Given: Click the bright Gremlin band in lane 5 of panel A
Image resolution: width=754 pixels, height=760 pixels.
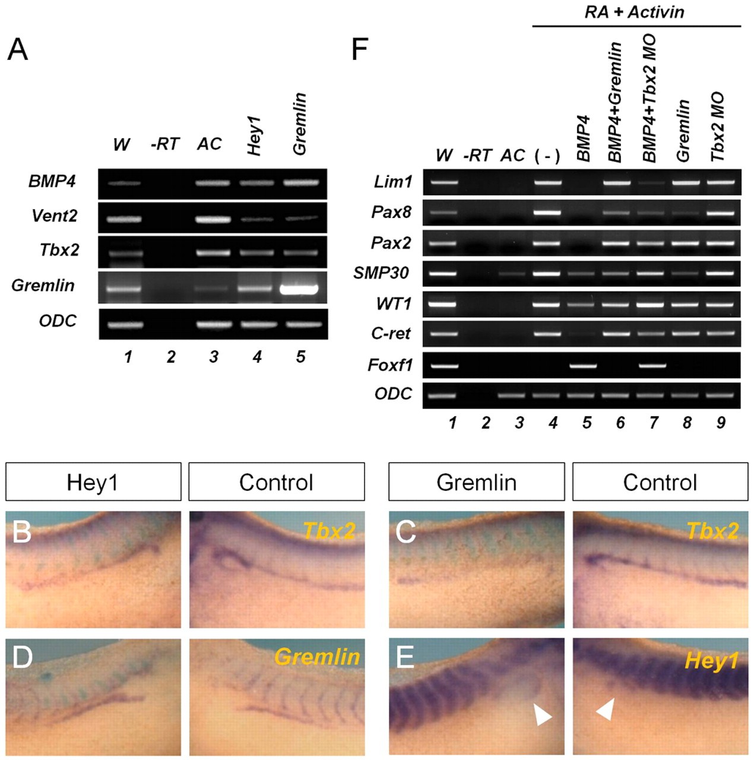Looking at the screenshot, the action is (299, 290).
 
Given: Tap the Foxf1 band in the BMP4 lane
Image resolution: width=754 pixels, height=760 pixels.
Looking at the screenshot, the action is (583, 366).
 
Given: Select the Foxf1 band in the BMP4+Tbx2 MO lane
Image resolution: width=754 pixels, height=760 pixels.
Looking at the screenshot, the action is (652, 366).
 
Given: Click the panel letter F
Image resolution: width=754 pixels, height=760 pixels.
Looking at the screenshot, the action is (359, 50).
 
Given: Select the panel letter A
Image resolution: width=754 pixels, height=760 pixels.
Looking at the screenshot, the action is (18, 50).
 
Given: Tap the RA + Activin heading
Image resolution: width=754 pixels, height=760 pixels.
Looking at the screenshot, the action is (634, 12).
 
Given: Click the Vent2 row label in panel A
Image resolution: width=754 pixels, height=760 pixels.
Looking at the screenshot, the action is (54, 216).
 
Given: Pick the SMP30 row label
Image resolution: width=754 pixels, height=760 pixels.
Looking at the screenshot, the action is (381, 273).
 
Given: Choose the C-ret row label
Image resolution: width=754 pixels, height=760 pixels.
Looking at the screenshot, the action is (391, 334).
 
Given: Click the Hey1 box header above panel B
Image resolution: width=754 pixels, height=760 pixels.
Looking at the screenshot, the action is (93, 482).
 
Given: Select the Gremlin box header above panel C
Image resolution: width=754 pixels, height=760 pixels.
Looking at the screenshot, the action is (476, 482).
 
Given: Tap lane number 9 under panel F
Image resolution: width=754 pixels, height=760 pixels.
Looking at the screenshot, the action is (721, 422).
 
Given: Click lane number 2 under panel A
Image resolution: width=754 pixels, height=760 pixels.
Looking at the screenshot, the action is (171, 357).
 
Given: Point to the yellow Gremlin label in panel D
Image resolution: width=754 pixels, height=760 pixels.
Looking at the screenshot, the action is (317, 657).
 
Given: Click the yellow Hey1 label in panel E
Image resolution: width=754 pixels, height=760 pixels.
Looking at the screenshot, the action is (711, 660).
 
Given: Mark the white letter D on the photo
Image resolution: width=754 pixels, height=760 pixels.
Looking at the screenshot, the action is (22, 657).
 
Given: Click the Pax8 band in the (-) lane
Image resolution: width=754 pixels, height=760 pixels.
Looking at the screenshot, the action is (547, 213).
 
